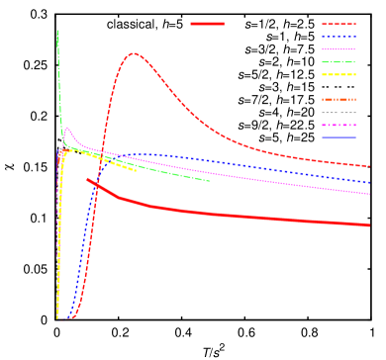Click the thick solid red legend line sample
[x=207, y=23]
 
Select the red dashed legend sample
[x=338, y=24]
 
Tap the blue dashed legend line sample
[x=338, y=37]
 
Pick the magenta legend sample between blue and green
[x=338, y=49]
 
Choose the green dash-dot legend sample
[x=338, y=62]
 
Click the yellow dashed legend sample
[x=338, y=74]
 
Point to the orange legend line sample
[x=338, y=100]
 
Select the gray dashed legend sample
[x=338, y=113]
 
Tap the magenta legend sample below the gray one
[x=338, y=125]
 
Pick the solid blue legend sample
[x=338, y=137]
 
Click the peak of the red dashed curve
[x=134, y=53]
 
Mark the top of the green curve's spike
[x=57, y=31]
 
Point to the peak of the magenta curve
[x=67, y=128]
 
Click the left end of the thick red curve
[x=88, y=180]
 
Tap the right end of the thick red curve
[x=369, y=225]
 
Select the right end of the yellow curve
[x=136, y=171]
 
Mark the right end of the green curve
[x=210, y=181]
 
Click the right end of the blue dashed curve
[x=369, y=182]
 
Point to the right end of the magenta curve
[x=369, y=194]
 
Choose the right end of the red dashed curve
[x=369, y=166]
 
